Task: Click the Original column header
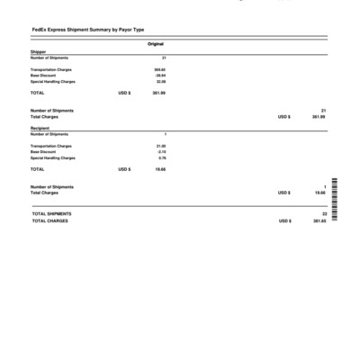(x=156, y=44)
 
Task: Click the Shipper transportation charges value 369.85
(x=160, y=68)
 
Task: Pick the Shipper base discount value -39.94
(x=160, y=75)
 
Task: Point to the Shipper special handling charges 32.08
(x=161, y=81)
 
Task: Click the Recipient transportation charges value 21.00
(x=161, y=145)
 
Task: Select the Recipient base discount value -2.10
(x=161, y=151)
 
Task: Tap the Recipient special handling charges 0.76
(x=162, y=157)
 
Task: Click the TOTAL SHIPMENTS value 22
(x=323, y=213)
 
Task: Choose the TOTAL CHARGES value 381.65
(x=318, y=220)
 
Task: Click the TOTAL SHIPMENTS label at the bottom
(x=52, y=213)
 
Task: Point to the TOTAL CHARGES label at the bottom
(x=50, y=220)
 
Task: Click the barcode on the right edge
(x=335, y=203)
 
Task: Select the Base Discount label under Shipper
(x=43, y=75)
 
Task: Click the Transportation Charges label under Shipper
(x=51, y=68)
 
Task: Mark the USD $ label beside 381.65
(x=284, y=220)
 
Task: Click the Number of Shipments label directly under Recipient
(x=49, y=133)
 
